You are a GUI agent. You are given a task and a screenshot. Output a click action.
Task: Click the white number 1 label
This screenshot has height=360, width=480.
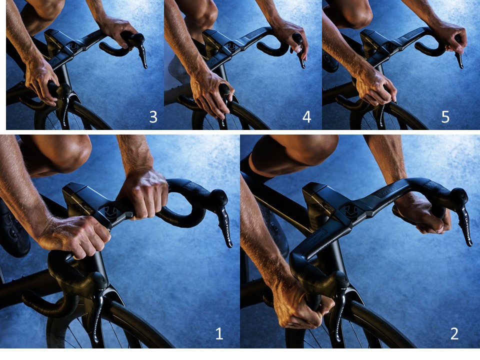click(219, 333)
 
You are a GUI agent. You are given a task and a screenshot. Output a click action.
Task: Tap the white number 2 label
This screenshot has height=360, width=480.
click(454, 333)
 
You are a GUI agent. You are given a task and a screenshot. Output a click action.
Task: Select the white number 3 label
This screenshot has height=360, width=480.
click(153, 117)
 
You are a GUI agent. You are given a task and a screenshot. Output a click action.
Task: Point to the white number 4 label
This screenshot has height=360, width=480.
click(306, 117)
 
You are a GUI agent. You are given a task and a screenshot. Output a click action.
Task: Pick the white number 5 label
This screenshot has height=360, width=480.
click(445, 117)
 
